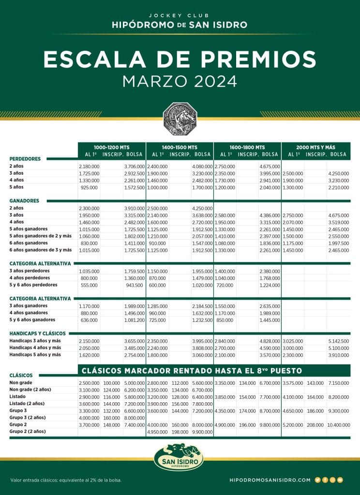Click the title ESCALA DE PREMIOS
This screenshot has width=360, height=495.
180,59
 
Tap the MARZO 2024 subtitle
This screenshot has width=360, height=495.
180,81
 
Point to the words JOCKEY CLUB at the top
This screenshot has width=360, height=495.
180,15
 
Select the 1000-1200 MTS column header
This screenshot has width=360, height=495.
112,147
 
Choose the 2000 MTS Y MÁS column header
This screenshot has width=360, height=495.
317,147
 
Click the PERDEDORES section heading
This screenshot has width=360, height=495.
25,159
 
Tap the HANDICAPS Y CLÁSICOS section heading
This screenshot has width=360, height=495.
37,334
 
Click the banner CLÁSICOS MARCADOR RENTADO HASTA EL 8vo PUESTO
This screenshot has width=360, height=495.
192,371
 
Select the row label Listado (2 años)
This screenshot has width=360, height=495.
27,403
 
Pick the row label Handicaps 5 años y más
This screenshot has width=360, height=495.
35,354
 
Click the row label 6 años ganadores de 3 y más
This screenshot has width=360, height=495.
40,250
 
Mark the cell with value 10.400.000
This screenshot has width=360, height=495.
337,424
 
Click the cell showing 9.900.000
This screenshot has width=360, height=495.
202,431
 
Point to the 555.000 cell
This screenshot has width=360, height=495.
88,285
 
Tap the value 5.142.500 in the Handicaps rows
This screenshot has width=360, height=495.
338,341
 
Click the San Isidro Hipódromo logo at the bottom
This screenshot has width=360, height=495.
179,457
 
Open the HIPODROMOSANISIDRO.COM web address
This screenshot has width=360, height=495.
270,480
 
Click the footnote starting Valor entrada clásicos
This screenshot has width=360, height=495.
66,480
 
